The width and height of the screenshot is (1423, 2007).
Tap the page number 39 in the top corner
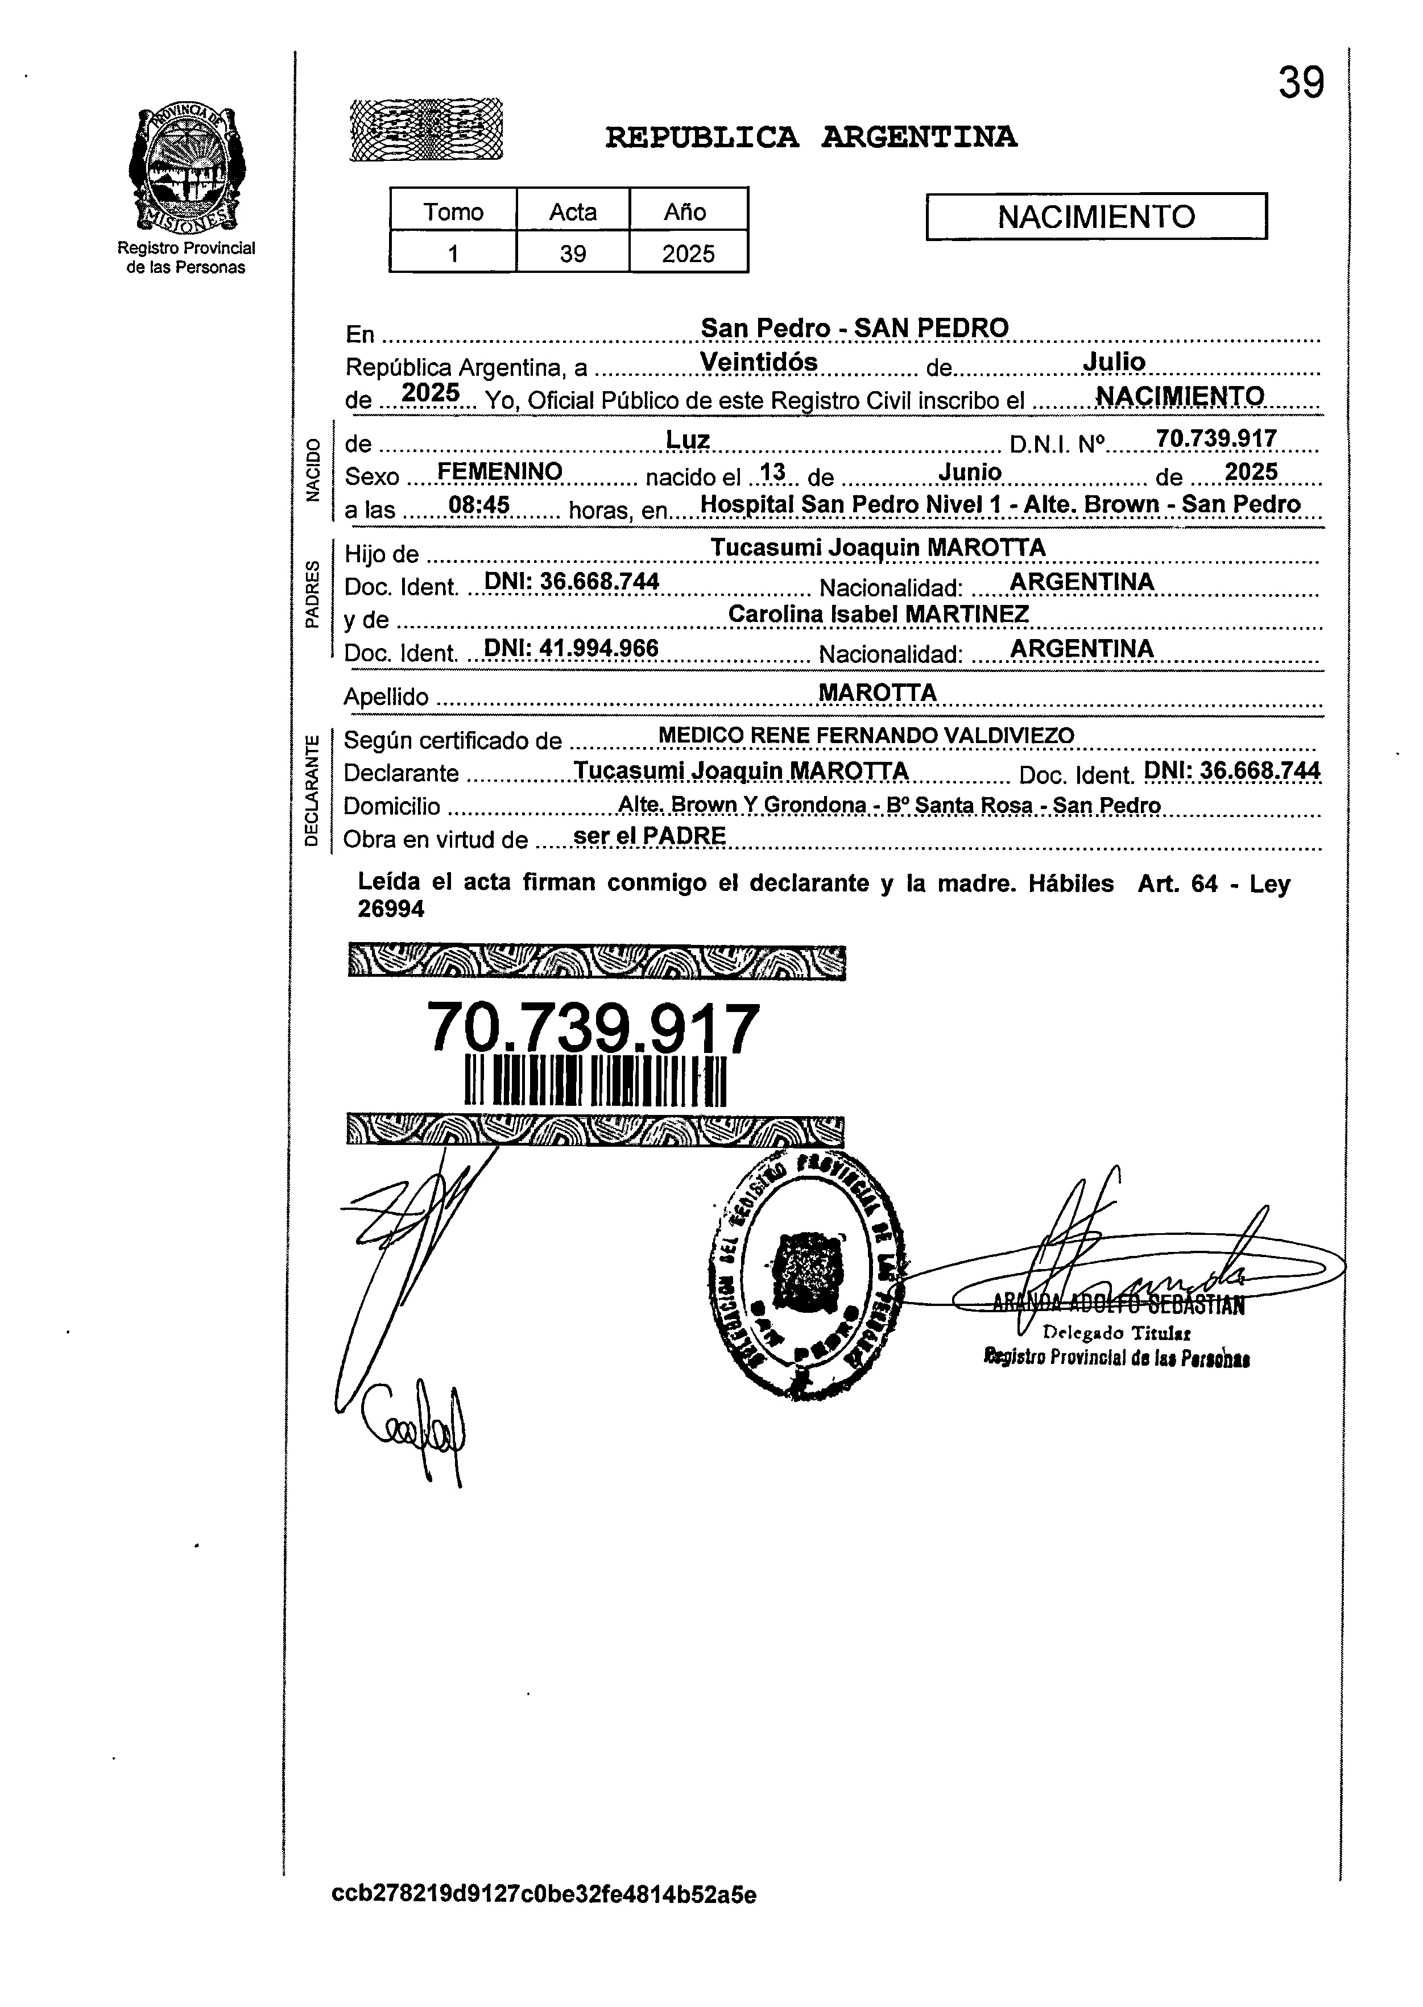point(1300,83)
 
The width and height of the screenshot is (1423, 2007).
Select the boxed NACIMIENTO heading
point(1096,217)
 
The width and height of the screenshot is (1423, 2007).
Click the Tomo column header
point(453,211)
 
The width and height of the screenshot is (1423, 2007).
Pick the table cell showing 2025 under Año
point(688,253)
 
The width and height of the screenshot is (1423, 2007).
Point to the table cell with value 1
point(453,253)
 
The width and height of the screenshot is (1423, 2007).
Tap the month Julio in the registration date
point(1114,361)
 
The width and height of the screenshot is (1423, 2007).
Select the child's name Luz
point(688,439)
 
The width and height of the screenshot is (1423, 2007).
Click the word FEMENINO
point(499,471)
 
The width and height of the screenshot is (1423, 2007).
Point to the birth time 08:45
point(478,505)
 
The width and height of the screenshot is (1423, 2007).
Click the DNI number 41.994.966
point(571,648)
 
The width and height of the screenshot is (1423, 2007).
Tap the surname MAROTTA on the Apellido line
point(877,692)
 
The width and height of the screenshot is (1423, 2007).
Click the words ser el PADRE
point(650,836)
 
